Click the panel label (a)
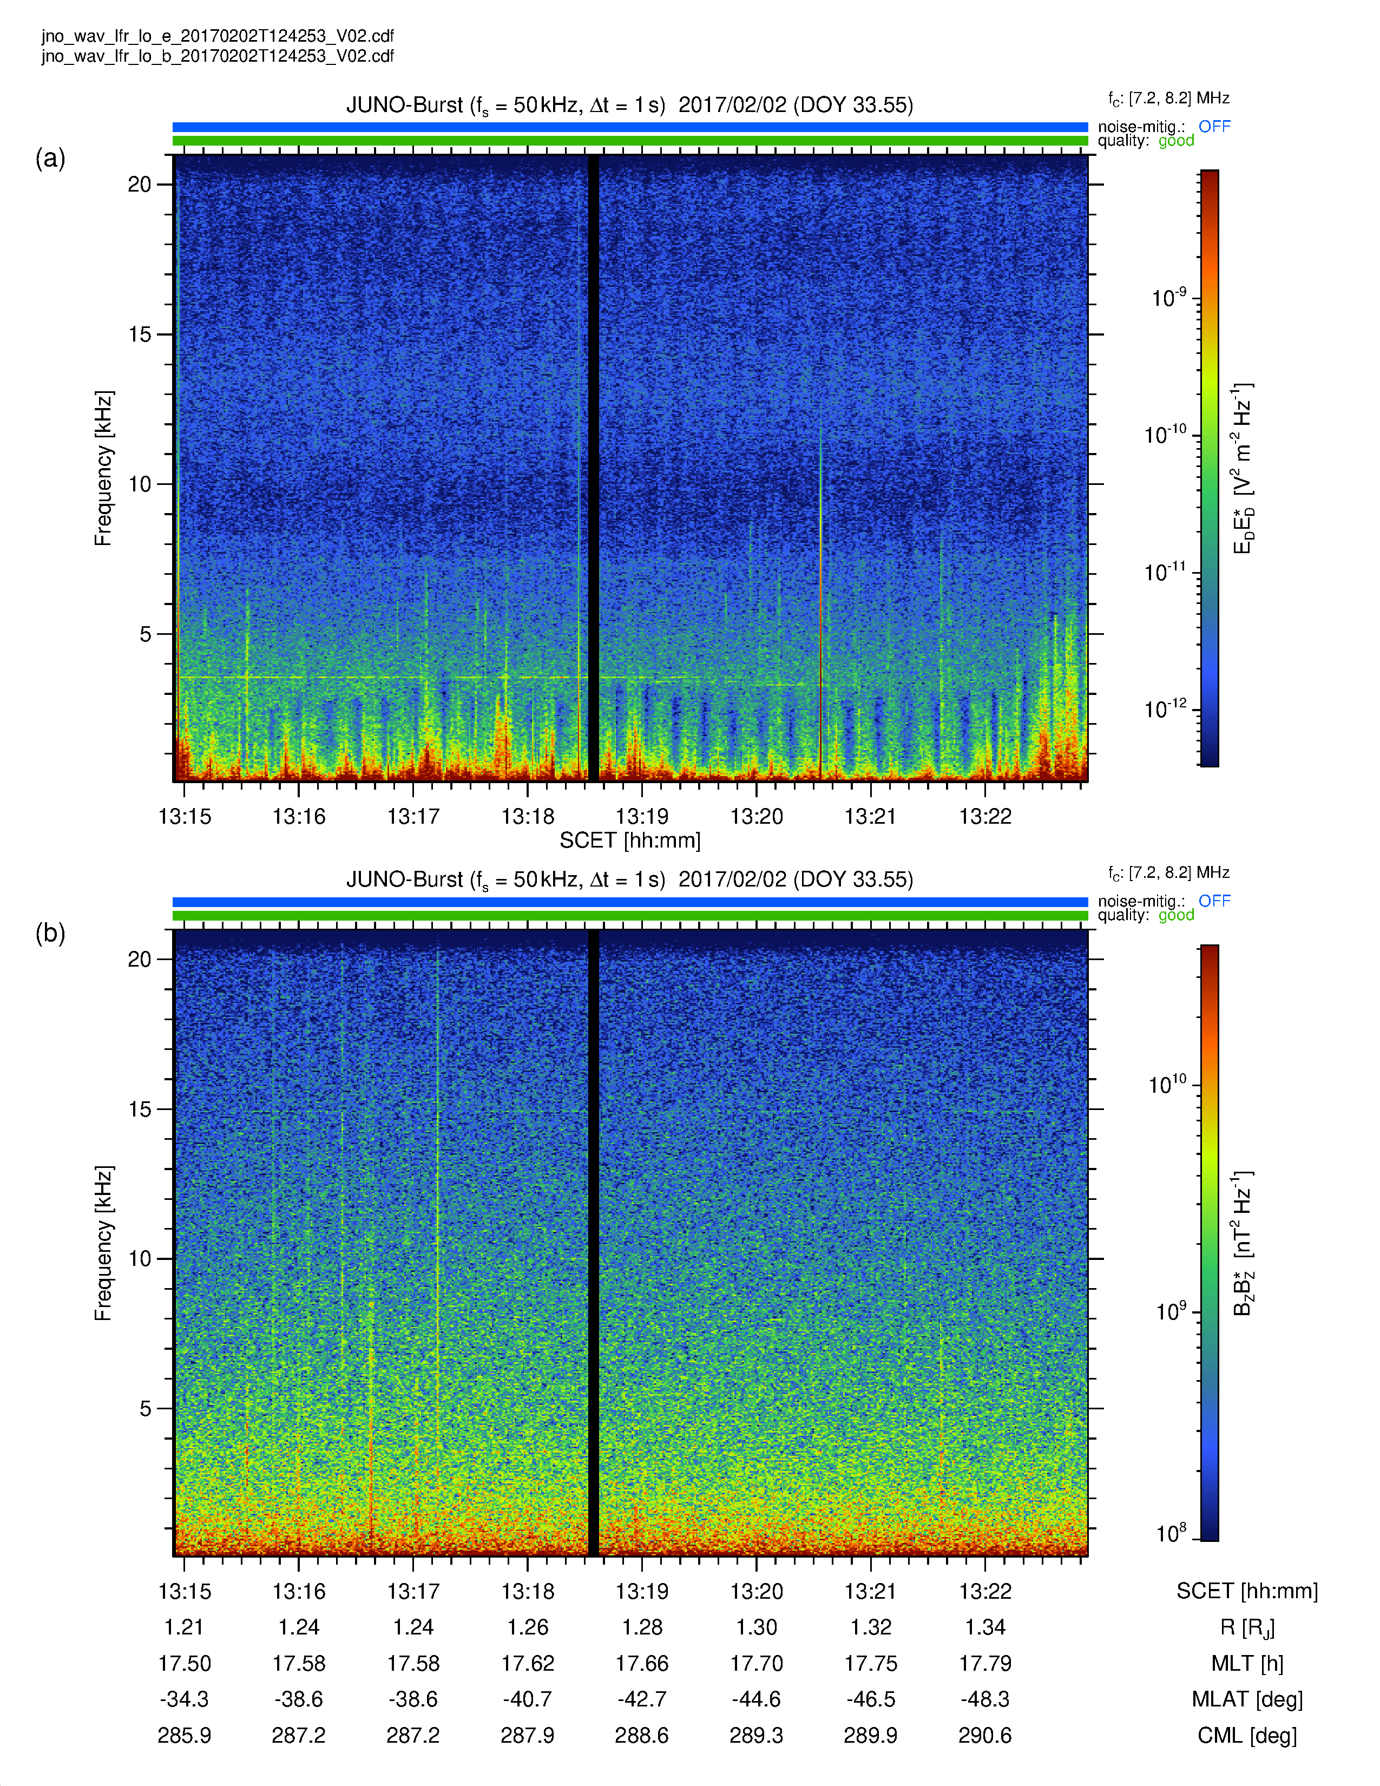click(x=50, y=158)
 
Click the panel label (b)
click(x=50, y=933)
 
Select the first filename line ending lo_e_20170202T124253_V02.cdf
click(x=218, y=36)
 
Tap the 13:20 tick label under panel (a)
click(x=756, y=816)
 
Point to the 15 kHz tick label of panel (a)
click(x=139, y=333)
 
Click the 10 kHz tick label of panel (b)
click(x=139, y=1258)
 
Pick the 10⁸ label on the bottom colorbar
click(x=1171, y=1533)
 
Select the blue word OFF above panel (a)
click(x=1214, y=126)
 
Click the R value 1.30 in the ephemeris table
click(x=756, y=1627)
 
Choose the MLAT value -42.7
click(x=642, y=1699)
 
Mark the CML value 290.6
click(x=985, y=1735)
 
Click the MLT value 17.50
click(x=184, y=1663)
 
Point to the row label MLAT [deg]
click(x=1247, y=1699)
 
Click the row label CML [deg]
click(x=1247, y=1735)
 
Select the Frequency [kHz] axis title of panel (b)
click(x=103, y=1243)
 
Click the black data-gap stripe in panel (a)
click(x=594, y=468)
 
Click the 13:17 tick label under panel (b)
click(x=413, y=1591)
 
